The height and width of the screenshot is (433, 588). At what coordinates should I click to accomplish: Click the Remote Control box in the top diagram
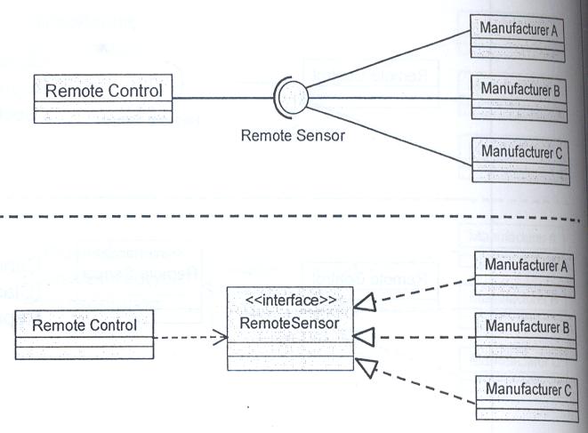click(x=103, y=99)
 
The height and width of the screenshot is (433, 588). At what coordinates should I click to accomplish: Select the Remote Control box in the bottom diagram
click(x=85, y=334)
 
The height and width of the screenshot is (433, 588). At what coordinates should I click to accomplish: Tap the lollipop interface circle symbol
click(x=293, y=98)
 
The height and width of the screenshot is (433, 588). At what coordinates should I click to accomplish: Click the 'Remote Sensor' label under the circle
click(x=293, y=135)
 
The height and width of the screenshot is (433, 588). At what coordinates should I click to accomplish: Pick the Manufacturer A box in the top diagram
click(x=518, y=38)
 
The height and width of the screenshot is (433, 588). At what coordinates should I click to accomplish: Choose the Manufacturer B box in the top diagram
click(x=519, y=99)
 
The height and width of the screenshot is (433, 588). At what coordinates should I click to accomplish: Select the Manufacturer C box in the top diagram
click(x=520, y=162)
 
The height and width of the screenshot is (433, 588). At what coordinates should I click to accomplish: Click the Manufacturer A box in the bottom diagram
click(x=525, y=275)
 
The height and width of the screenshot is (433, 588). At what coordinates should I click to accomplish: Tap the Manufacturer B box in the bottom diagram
click(x=526, y=336)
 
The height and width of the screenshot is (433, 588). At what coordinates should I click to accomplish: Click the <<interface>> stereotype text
click(x=291, y=301)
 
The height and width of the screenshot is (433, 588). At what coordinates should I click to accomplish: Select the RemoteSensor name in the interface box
click(x=289, y=323)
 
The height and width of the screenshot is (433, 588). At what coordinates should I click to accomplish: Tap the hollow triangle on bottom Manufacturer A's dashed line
click(x=365, y=302)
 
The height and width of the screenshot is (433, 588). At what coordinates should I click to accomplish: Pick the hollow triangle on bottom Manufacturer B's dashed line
click(x=364, y=337)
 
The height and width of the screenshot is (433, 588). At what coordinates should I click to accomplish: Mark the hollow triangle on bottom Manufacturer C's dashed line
click(x=366, y=367)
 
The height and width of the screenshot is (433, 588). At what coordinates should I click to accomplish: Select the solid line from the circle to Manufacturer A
click(x=388, y=60)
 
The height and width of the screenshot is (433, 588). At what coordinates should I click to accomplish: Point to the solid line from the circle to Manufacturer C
click(x=389, y=136)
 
